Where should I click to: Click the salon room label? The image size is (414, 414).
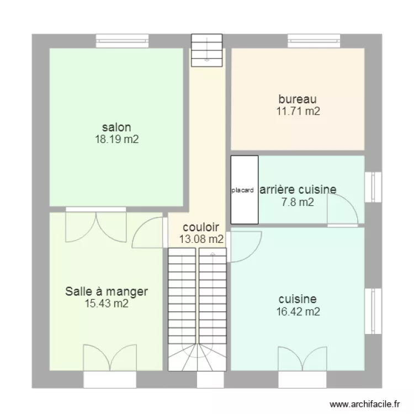pyautogui.click(x=116, y=128)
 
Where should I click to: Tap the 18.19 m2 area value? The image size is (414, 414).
pyautogui.click(x=116, y=140)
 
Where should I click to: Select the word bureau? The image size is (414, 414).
pyautogui.click(x=298, y=99)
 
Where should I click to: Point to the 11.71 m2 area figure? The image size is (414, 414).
pyautogui.click(x=298, y=112)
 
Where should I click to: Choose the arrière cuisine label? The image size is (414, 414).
pyautogui.click(x=298, y=189)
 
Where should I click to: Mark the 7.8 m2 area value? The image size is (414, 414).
pyautogui.click(x=298, y=202)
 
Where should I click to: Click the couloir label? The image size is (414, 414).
pyautogui.click(x=201, y=227)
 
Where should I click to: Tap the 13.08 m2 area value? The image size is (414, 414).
pyautogui.click(x=201, y=239)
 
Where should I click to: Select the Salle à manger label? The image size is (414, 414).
pyautogui.click(x=107, y=291)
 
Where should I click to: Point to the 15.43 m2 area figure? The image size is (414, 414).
pyautogui.click(x=107, y=303)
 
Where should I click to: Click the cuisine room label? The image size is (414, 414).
pyautogui.click(x=298, y=299)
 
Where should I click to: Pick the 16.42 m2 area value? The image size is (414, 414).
pyautogui.click(x=298, y=312)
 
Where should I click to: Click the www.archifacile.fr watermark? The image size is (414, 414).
pyautogui.click(x=364, y=404)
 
